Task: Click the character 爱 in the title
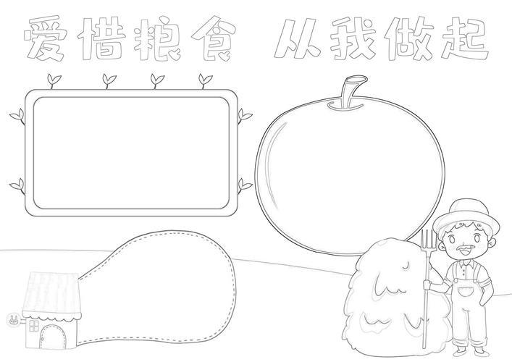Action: pos(45,39)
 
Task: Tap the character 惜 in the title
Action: pos(101,38)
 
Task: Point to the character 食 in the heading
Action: pos(214,38)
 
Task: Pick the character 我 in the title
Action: pos(353,38)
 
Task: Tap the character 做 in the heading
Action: pos(409,38)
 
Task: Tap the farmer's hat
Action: pos(466,216)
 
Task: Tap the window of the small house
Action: pos(33,326)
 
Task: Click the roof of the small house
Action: pos(51,295)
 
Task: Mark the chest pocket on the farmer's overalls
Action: pos(466,290)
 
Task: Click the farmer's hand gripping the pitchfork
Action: pos(427,285)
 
